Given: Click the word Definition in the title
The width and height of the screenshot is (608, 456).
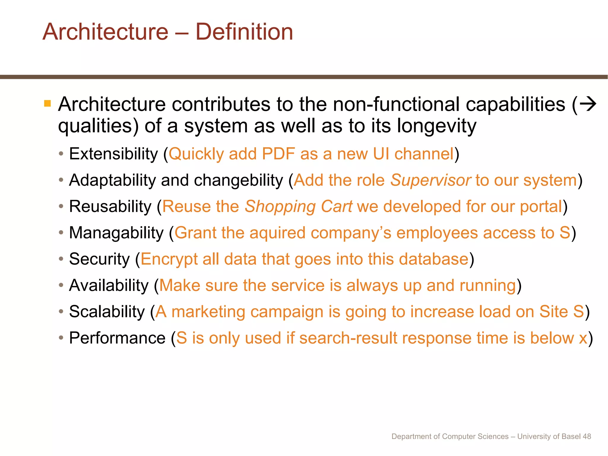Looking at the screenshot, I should [x=244, y=32].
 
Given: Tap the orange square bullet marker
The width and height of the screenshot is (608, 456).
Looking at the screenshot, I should [x=47, y=104].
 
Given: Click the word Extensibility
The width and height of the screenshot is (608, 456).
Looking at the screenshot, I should [x=113, y=154].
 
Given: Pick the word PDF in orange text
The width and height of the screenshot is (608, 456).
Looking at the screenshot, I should [x=278, y=154].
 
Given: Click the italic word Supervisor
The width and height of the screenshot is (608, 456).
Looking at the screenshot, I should [x=430, y=180].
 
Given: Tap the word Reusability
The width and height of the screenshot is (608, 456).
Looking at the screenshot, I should [x=110, y=207].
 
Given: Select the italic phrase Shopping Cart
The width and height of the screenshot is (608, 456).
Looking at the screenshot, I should [x=298, y=207].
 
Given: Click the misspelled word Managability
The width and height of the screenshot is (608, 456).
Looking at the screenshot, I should [x=116, y=233].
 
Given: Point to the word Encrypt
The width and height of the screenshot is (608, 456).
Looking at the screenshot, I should [x=169, y=259].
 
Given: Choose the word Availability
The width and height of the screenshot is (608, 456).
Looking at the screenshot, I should [x=109, y=286].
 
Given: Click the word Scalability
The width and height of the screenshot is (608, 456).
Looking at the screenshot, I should [x=107, y=312].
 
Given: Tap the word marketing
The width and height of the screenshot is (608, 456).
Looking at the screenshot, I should [x=208, y=312].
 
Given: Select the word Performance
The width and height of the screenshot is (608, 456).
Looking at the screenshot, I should [x=117, y=338].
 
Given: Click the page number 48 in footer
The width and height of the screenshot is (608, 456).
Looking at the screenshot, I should [x=587, y=436].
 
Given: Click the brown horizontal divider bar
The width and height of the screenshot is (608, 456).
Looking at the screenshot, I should [x=304, y=77].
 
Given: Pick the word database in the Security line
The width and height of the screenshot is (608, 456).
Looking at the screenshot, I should [x=433, y=259].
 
